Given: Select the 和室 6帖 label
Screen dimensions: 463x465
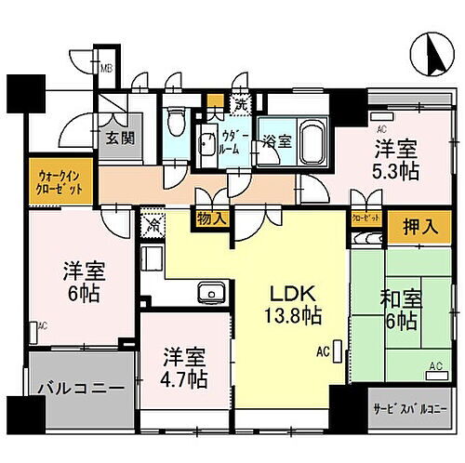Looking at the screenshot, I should tap(398, 309).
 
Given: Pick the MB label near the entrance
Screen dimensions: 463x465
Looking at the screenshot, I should tap(107, 68).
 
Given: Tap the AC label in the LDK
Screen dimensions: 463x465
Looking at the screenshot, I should tap(323, 352).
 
